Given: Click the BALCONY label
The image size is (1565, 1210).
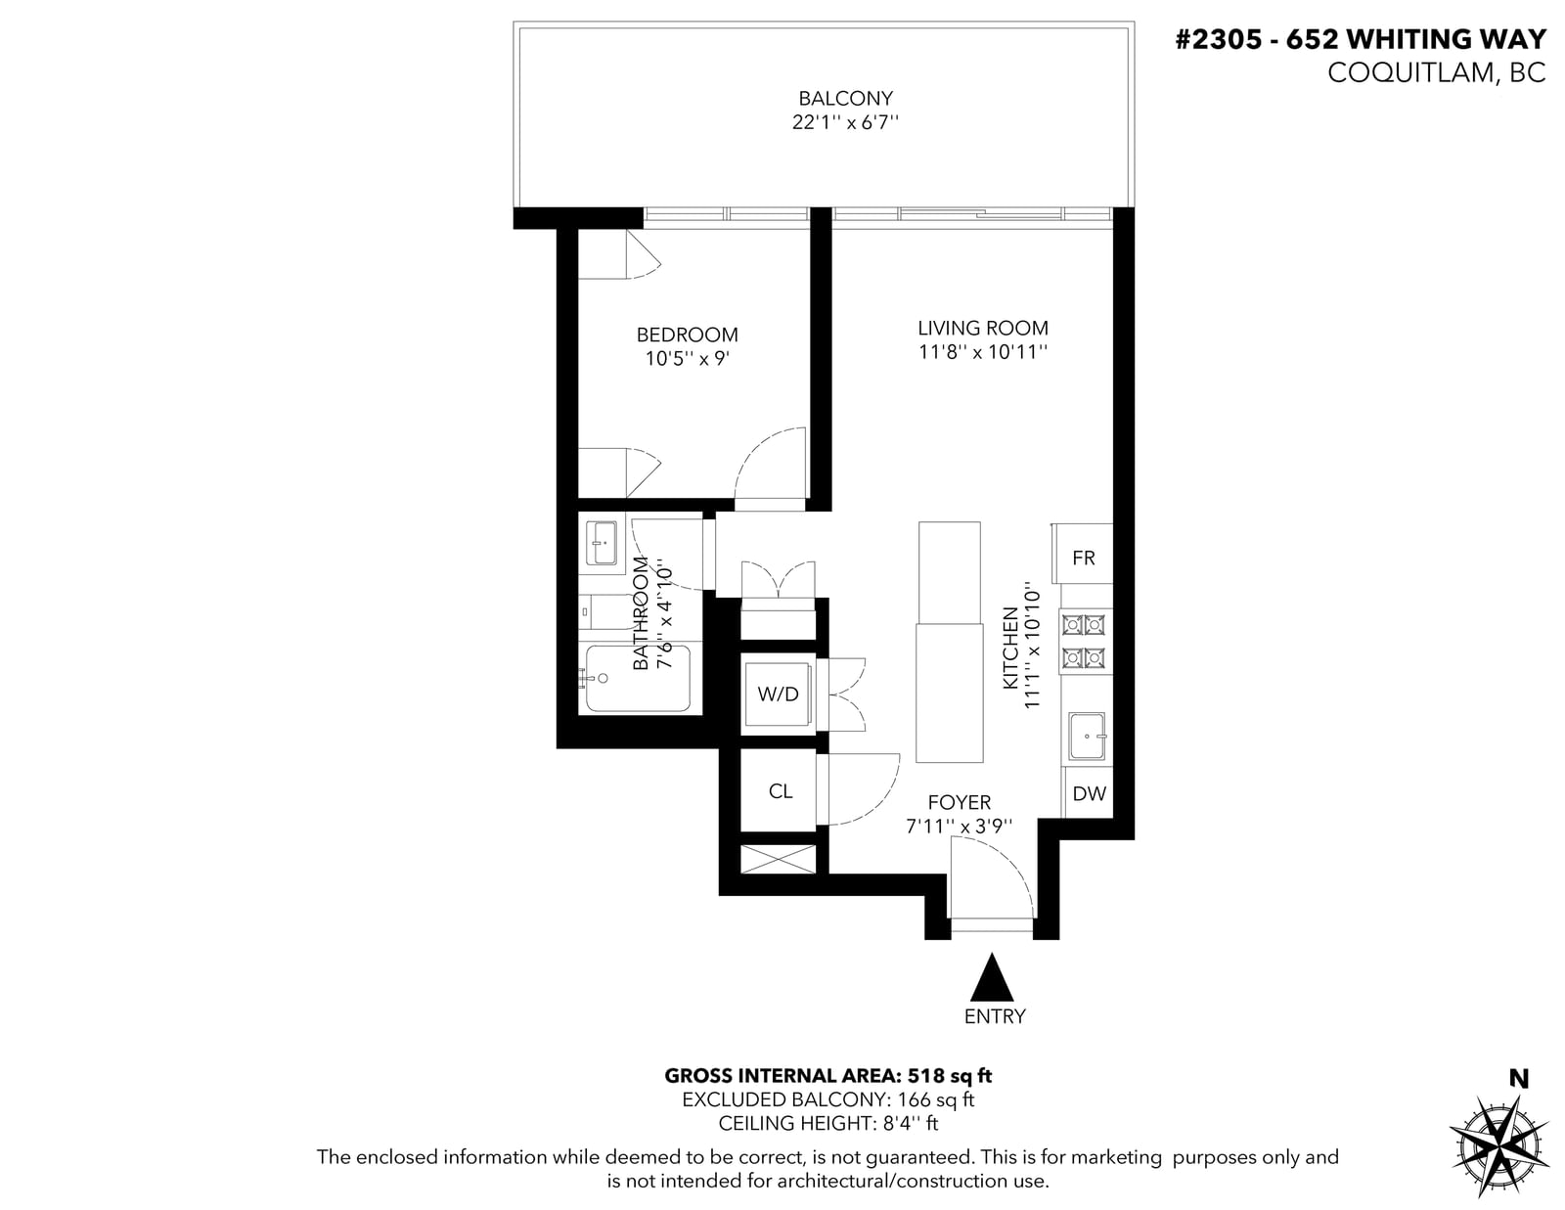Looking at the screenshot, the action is pos(845,98).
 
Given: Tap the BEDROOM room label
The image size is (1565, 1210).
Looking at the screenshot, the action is pos(687,335).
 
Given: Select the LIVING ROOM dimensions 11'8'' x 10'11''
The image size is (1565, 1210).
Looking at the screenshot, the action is pos(982,352).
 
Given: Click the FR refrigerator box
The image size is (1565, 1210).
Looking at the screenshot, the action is pos(1082,554).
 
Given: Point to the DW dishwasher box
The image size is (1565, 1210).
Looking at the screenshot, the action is pos(1089,793).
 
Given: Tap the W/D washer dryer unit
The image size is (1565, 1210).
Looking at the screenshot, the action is pos(778,695).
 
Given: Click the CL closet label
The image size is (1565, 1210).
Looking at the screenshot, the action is pos(781,791).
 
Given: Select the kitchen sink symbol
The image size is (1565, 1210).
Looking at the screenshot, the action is pos(1087,737).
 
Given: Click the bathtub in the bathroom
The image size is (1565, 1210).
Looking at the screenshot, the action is pos(638,679).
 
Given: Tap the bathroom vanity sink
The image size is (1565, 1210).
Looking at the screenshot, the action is pos(603,543).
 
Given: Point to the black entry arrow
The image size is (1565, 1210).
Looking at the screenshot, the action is pos(992,977).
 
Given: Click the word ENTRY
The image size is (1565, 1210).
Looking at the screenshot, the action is pos(995,1016).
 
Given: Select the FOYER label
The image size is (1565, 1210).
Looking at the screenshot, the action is pos(960,802).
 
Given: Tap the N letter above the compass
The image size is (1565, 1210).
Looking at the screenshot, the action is pos(1519,1079).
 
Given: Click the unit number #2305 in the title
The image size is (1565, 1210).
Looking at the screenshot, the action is pos(1219,39).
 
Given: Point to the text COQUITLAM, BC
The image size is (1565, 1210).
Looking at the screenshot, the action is pos(1437,73).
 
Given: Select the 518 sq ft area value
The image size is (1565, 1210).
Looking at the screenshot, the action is pos(950,1076).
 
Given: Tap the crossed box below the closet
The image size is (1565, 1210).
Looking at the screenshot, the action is pos(778,859).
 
